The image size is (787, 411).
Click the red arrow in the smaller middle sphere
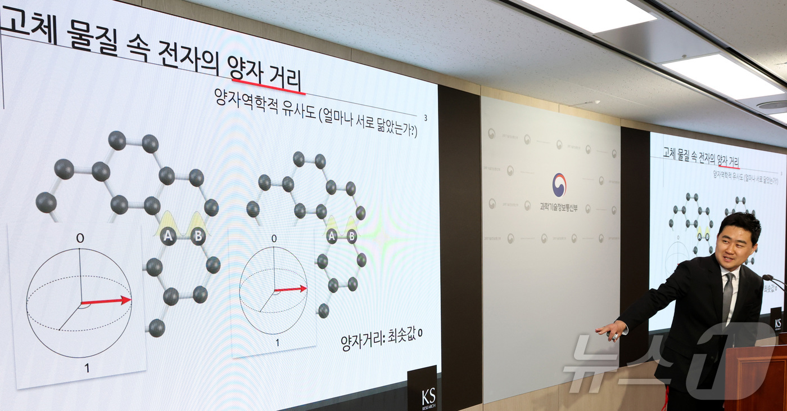click(x=291, y=289)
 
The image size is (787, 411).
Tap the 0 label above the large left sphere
click(x=80, y=238)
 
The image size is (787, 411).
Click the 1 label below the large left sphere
click(x=86, y=368)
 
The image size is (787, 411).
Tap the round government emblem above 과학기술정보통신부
click(x=559, y=185)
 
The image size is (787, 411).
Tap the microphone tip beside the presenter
click(x=766, y=278)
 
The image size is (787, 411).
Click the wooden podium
click(x=756, y=377)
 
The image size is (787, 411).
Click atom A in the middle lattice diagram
click(x=332, y=236)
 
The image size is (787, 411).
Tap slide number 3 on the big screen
click(x=426, y=118)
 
